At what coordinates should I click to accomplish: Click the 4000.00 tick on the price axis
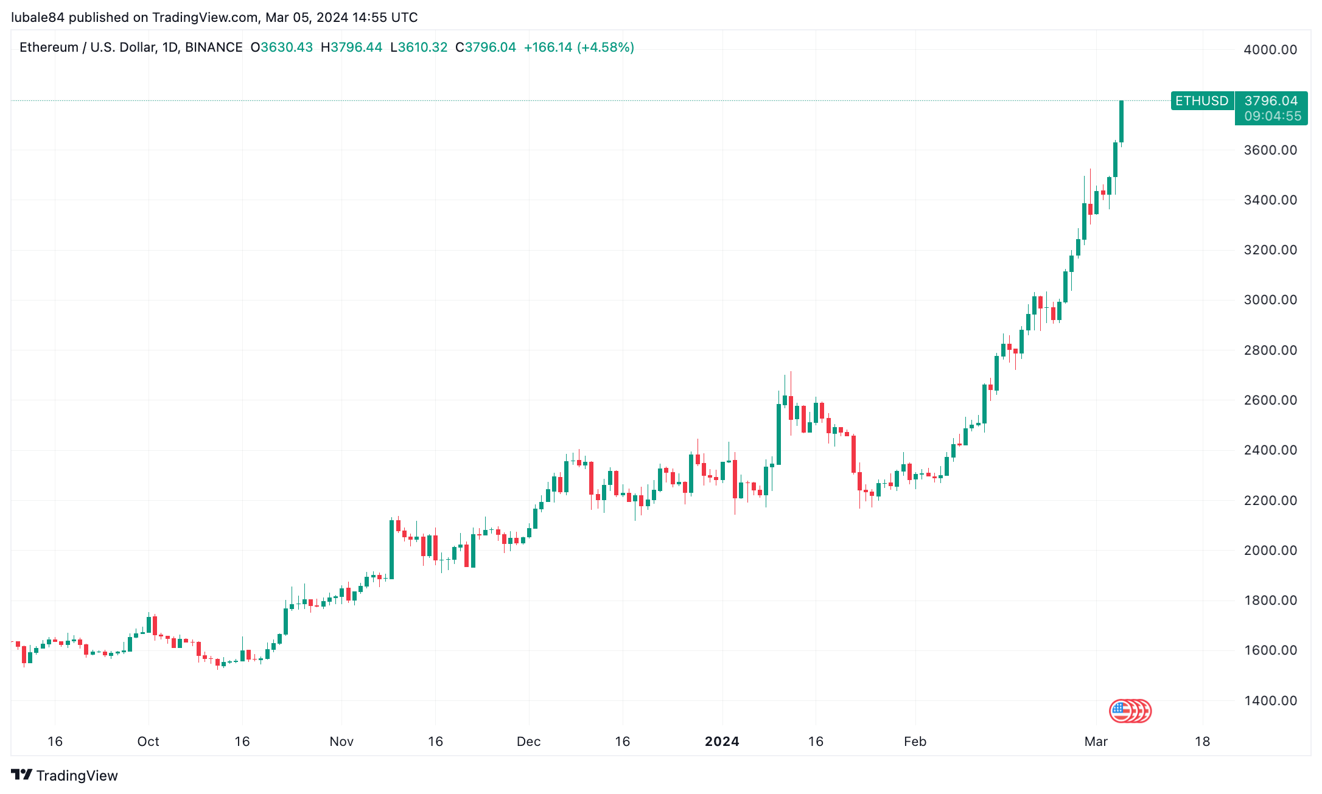pos(1270,50)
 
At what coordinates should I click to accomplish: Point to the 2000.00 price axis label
pos(1270,551)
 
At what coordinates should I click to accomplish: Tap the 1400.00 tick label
pos(1270,701)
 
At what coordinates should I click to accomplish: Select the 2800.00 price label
pos(1270,350)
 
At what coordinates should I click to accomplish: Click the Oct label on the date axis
pos(148,742)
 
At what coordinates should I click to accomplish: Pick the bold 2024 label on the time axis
pos(722,742)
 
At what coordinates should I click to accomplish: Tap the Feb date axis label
pos(915,742)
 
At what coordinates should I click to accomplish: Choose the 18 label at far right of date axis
pos(1202,742)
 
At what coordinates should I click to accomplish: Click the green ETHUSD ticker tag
pos(1201,101)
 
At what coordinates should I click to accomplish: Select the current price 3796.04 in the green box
pos(1271,101)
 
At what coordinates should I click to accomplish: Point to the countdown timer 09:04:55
pos(1272,116)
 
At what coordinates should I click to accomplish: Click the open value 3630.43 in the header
pos(286,47)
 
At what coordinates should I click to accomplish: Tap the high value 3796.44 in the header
pos(356,47)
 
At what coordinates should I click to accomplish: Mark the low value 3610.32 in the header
pos(422,47)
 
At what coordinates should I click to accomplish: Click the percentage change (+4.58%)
pos(606,47)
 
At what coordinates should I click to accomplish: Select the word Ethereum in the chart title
pos(49,47)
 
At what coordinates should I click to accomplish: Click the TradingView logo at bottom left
pos(65,776)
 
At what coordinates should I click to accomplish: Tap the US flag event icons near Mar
pos(1130,711)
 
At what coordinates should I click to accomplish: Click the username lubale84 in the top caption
pos(38,18)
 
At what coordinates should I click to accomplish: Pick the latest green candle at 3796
pos(1121,122)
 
